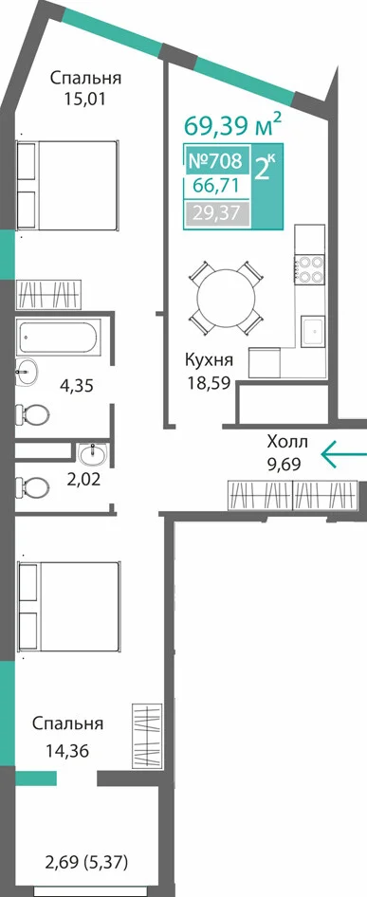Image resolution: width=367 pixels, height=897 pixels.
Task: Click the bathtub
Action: (59, 337)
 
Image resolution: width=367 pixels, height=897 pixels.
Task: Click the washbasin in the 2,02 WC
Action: (92, 454)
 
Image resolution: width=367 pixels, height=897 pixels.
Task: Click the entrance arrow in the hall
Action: (343, 454)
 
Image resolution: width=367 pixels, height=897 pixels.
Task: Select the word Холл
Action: (287, 442)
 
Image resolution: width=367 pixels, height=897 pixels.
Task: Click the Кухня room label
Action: (209, 360)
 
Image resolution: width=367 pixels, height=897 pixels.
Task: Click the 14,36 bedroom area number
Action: (67, 750)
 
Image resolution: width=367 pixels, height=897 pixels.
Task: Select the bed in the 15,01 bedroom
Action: (67, 185)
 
